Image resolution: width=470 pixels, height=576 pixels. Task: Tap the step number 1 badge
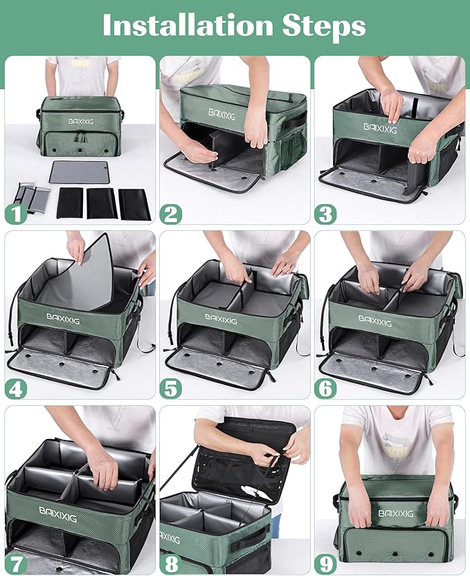(16, 214)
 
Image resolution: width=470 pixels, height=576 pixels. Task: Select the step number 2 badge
(170, 214)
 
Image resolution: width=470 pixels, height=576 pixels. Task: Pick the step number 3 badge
(325, 214)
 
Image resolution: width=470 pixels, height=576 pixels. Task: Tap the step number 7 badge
(16, 564)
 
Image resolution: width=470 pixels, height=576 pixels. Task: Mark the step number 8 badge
(170, 564)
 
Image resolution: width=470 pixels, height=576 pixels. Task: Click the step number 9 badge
(325, 564)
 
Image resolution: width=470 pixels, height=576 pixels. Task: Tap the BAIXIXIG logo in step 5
(220, 319)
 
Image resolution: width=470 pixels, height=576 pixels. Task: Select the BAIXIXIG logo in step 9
(395, 513)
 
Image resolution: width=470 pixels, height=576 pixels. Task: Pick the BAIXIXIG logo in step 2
(223, 113)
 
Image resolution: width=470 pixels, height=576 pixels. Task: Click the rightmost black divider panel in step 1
(134, 204)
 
